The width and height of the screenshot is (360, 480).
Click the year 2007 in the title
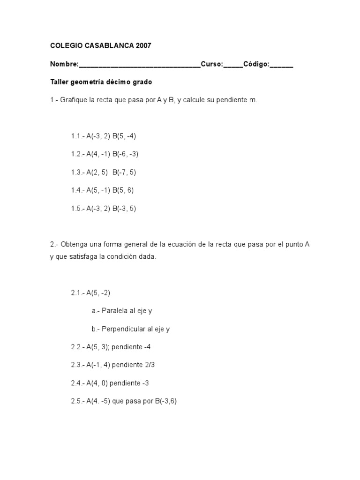(x=143, y=46)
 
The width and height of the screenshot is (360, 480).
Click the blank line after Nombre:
(x=140, y=65)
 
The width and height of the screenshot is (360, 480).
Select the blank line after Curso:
(x=233, y=65)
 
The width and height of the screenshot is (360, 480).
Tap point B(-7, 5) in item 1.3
(x=124, y=172)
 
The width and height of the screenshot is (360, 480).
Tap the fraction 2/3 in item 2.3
(x=154, y=365)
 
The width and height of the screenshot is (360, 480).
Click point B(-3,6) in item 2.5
(x=165, y=402)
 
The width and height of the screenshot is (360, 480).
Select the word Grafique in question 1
(x=73, y=100)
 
